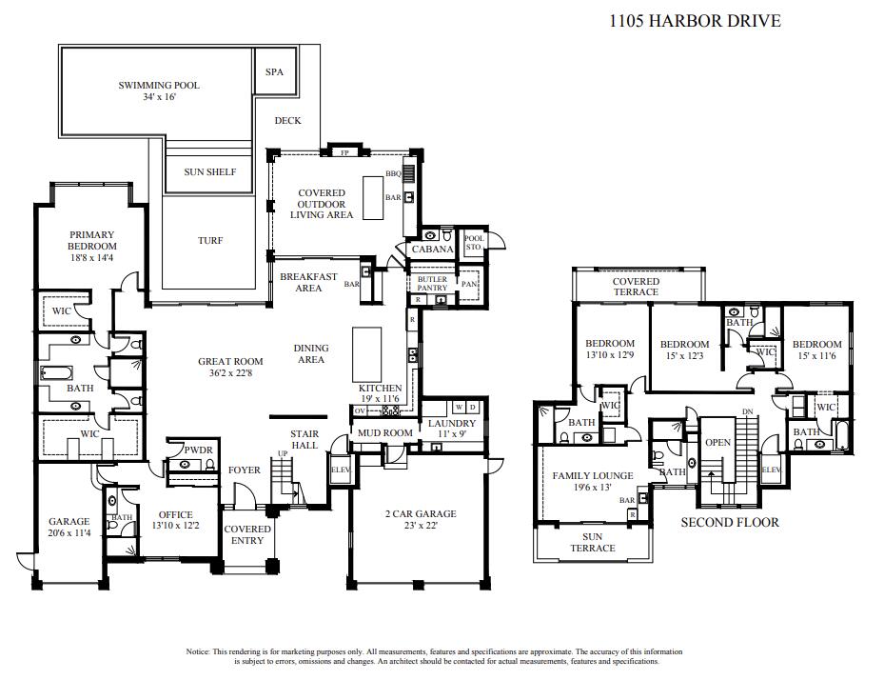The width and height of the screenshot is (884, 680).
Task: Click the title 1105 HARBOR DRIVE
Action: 695,20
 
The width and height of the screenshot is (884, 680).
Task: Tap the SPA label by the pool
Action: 274,72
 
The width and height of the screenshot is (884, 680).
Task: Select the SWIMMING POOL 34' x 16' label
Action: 159,91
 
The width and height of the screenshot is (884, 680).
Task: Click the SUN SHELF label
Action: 210,172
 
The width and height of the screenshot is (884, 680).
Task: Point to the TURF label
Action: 210,241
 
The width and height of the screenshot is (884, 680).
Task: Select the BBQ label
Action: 392,173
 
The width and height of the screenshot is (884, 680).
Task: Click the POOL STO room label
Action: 473,243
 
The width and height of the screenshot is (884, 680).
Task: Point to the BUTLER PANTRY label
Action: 432,283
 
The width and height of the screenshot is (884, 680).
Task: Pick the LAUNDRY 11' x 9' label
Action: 452,429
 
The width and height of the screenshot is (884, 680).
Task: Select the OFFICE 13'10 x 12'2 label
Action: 176,520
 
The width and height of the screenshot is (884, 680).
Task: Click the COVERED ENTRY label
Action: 247,534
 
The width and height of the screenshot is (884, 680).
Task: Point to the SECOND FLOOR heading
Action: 730,522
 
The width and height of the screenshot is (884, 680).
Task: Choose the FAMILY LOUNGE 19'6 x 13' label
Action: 593,481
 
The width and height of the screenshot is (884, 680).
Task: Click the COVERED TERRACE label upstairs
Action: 636,287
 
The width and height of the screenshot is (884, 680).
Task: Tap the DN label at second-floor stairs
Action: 747,411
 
